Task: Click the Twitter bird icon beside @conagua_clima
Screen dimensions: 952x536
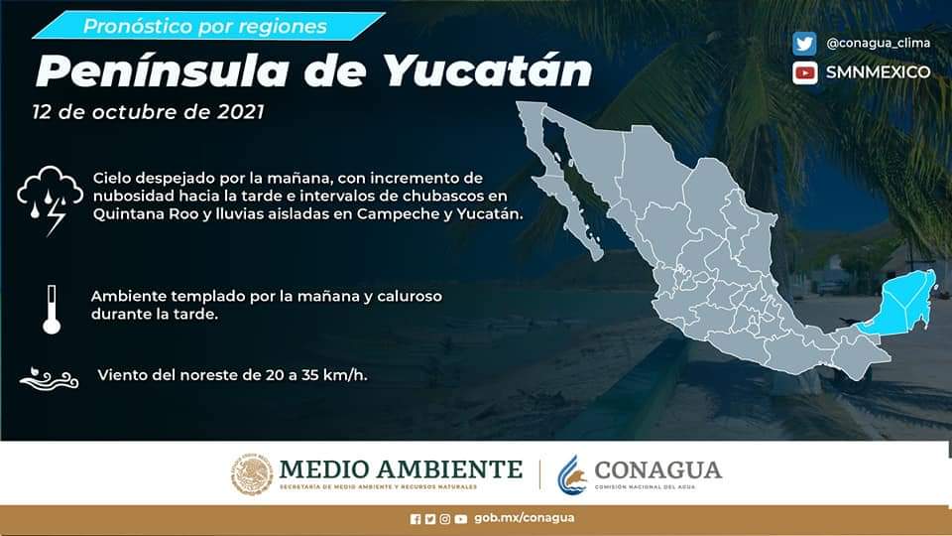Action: [x=804, y=44]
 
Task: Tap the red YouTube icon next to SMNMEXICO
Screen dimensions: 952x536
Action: [x=804, y=72]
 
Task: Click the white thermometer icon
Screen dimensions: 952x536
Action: [x=52, y=310]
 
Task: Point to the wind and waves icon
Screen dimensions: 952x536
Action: [x=49, y=378]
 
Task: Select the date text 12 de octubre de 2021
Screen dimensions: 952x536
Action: [x=148, y=112]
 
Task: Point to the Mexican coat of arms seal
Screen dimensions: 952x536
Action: [x=252, y=474]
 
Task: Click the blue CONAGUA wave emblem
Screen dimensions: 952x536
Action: [x=572, y=474]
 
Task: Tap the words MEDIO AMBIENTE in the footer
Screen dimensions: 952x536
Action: [x=401, y=469]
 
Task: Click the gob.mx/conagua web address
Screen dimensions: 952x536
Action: [x=524, y=518]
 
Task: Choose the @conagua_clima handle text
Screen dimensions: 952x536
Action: [x=878, y=43]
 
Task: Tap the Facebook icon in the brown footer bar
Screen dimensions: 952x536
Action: [x=416, y=519]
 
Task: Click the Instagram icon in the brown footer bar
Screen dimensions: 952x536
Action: [x=445, y=519]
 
